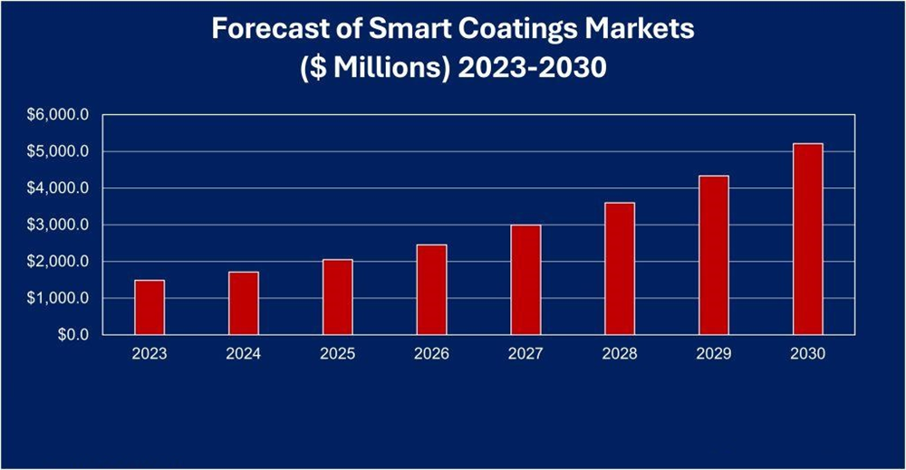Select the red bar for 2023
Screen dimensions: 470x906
[149, 308]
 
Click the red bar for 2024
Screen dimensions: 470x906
[244, 303]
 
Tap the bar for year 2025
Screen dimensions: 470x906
[338, 297]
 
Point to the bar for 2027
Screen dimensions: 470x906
[525, 280]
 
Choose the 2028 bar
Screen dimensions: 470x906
[620, 269]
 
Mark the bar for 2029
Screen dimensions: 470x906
[714, 255]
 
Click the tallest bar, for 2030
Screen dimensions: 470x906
[807, 239]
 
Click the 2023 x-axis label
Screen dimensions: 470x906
[149, 354]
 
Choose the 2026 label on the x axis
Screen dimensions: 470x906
[431, 354]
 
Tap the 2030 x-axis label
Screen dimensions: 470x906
[807, 354]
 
